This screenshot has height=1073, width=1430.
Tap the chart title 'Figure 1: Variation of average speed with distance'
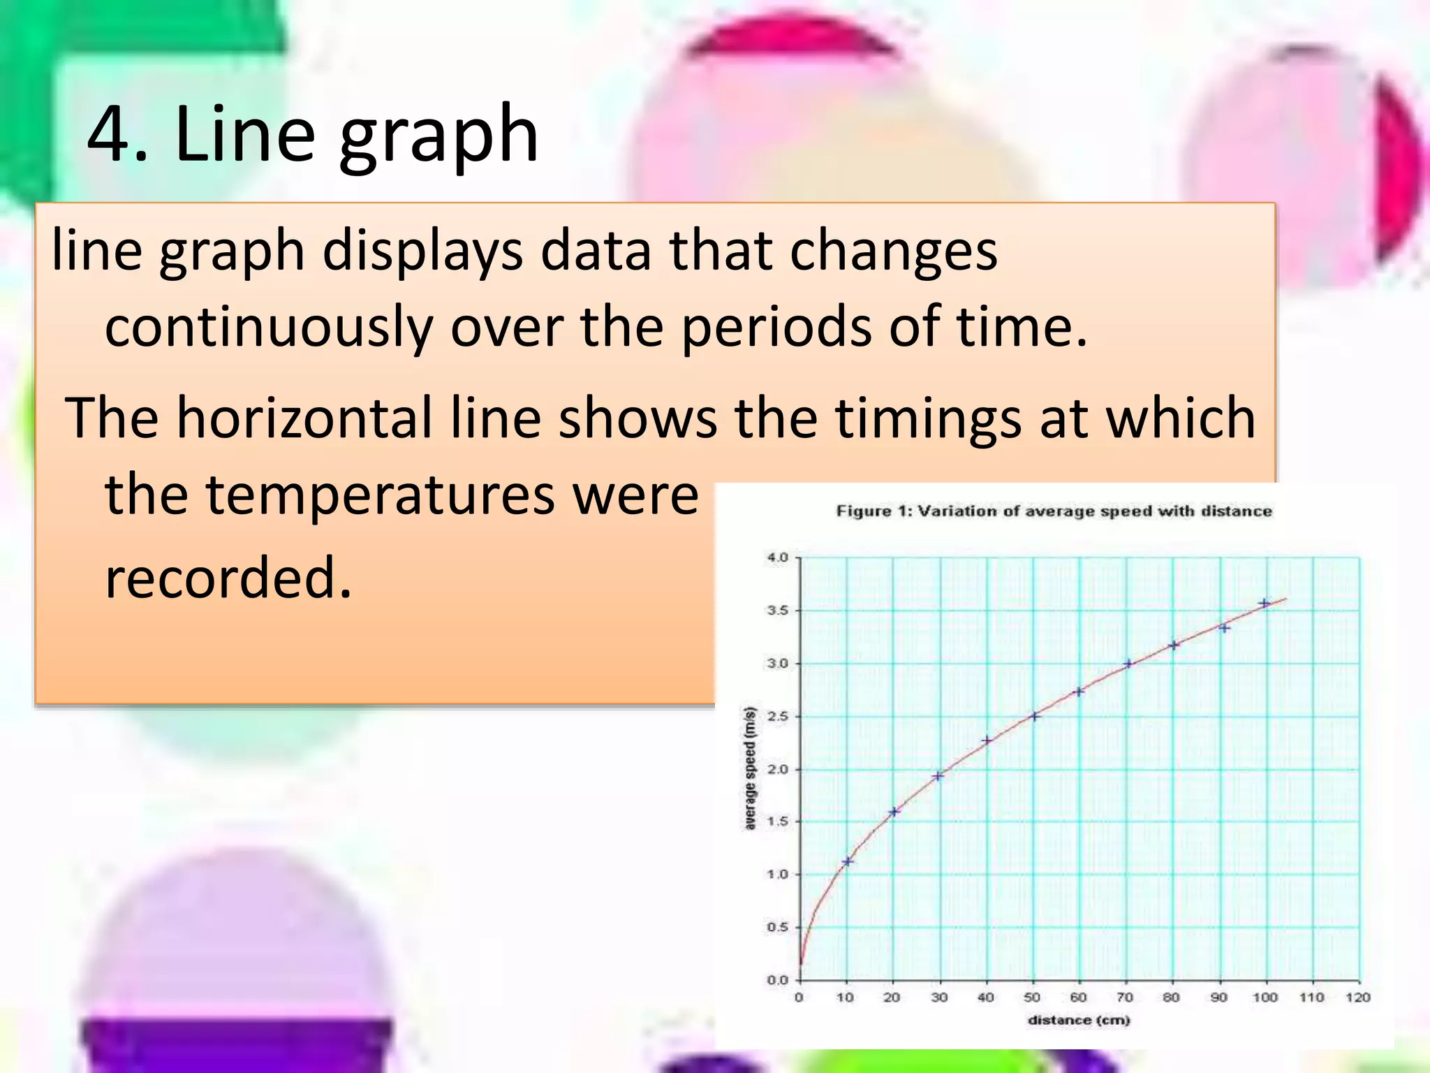tap(1054, 511)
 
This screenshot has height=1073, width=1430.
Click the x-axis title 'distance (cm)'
tap(1079, 1021)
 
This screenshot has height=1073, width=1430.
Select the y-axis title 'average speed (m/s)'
tap(751, 768)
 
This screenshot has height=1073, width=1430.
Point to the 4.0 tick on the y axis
tap(777, 557)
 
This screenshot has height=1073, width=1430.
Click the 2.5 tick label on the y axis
tap(777, 717)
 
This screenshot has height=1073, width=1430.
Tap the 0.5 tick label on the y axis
tap(777, 928)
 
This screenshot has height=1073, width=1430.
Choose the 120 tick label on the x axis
tap(1358, 998)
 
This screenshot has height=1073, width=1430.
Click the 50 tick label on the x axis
tap(1032, 998)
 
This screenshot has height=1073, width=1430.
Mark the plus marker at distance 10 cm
tap(848, 861)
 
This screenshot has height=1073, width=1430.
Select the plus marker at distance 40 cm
tap(987, 740)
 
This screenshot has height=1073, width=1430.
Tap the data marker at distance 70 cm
tap(1128, 664)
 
